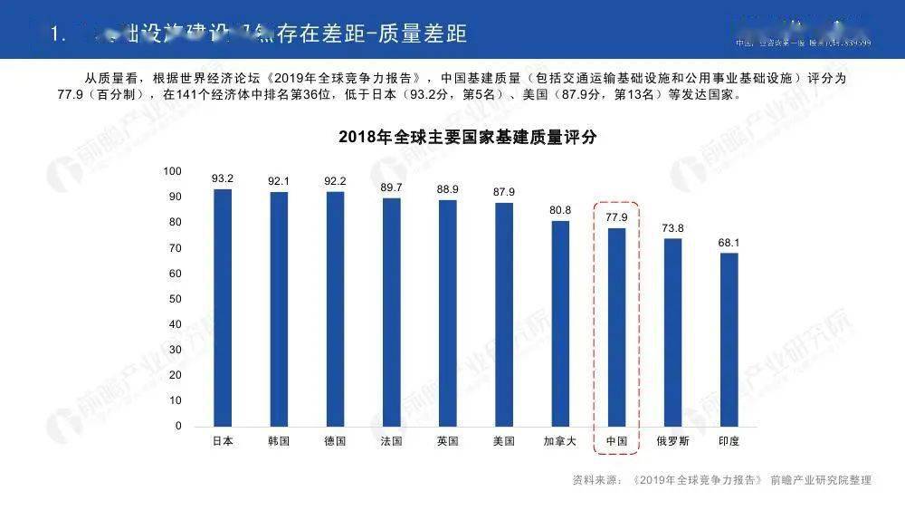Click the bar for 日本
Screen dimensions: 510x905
(222, 307)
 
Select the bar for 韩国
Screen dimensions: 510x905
(279, 309)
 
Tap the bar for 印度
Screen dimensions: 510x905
(729, 339)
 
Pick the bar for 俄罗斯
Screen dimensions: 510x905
(672, 332)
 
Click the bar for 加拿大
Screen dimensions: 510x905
(560, 322)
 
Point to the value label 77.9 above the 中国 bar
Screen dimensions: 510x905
(616, 217)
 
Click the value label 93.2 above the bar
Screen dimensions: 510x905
(223, 178)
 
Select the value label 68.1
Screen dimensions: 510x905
(729, 242)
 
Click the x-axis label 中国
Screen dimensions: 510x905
(616, 441)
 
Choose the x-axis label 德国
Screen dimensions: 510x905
(335, 441)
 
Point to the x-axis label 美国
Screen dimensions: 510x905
(504, 441)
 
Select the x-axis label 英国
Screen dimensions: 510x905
(447, 441)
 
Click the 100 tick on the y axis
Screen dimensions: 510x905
(172, 171)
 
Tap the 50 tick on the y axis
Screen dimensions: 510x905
(176, 299)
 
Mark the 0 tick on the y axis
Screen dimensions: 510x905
(178, 426)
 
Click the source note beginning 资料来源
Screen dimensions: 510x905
(721, 480)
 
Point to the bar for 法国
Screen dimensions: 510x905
(391, 312)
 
